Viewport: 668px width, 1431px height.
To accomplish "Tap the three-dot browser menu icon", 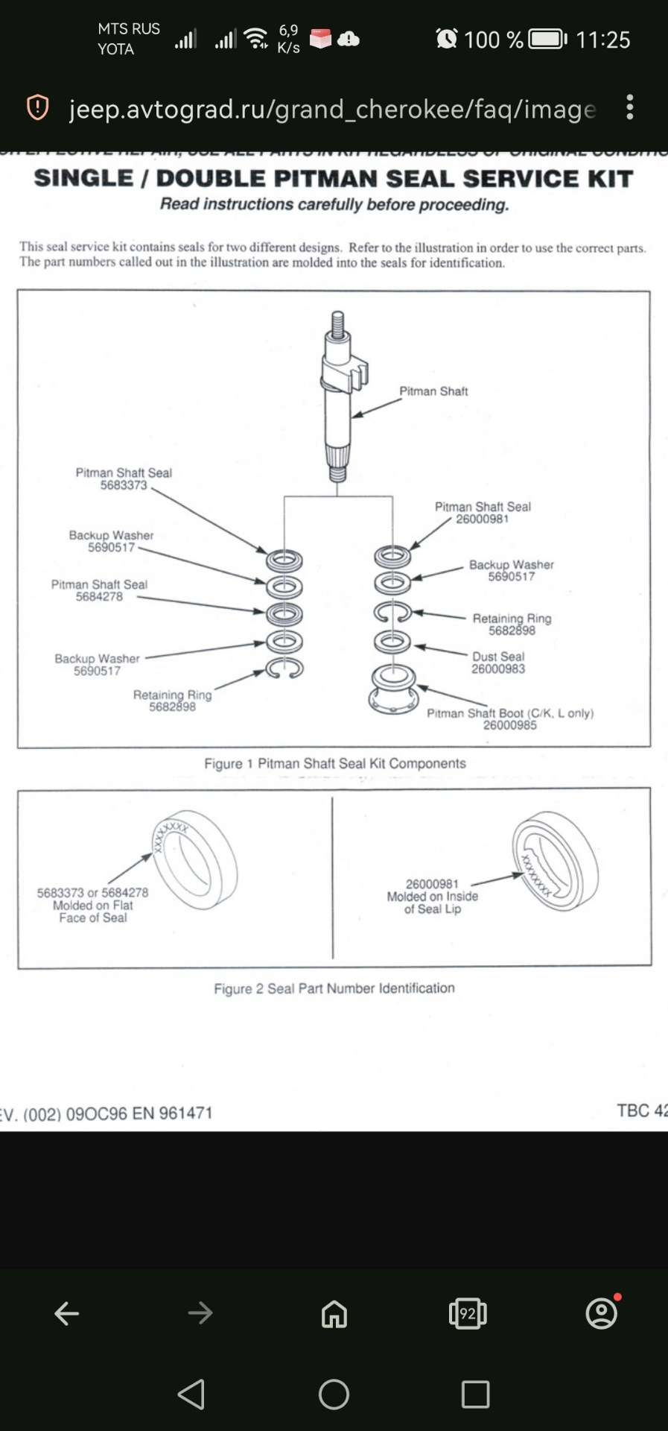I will click(630, 107).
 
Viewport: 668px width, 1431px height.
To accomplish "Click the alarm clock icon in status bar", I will click(446, 39).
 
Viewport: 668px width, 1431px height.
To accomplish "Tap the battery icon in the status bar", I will click(547, 39).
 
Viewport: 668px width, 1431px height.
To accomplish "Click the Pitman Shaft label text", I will click(433, 391).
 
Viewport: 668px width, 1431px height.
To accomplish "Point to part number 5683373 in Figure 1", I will click(124, 485).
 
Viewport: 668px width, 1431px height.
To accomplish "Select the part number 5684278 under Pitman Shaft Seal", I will click(99, 597).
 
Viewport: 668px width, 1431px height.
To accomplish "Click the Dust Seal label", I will click(498, 657).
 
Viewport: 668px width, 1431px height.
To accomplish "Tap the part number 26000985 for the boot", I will click(509, 725).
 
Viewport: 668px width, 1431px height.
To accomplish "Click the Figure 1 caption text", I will click(334, 764).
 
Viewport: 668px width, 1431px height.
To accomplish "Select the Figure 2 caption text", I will click(334, 988).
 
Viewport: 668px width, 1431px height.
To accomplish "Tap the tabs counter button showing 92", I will click(468, 1313).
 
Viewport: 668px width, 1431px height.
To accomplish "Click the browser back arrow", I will click(67, 1313).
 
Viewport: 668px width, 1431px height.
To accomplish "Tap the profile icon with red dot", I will click(602, 1313).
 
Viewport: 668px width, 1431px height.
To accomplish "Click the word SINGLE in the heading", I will click(83, 179).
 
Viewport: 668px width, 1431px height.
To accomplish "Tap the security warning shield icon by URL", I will click(37, 108).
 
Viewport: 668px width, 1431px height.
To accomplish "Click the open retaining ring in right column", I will click(392, 612).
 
